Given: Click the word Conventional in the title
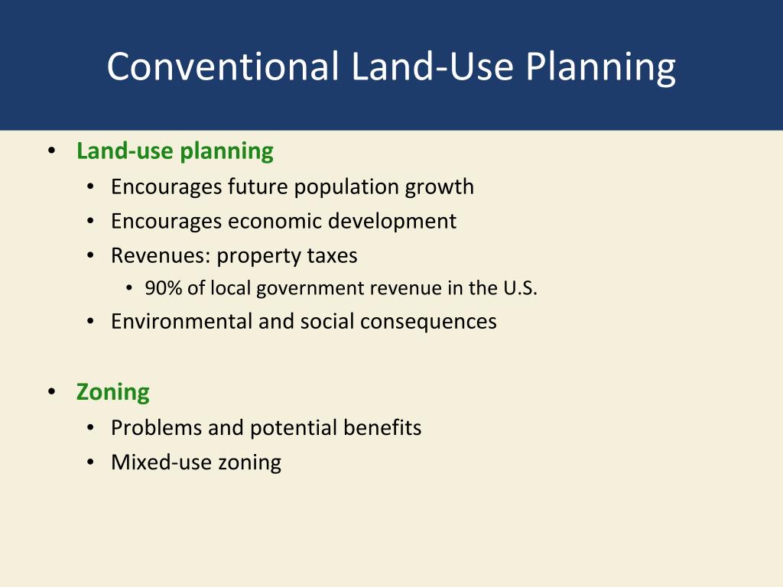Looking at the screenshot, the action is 223,66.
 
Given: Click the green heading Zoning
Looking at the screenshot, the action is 113,393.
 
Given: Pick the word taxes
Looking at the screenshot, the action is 332,255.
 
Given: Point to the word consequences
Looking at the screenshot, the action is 428,323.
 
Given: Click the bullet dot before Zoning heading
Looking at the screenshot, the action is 52,392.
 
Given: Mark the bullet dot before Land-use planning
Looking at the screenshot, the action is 52,151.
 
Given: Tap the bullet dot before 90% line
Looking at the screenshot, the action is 129,288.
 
